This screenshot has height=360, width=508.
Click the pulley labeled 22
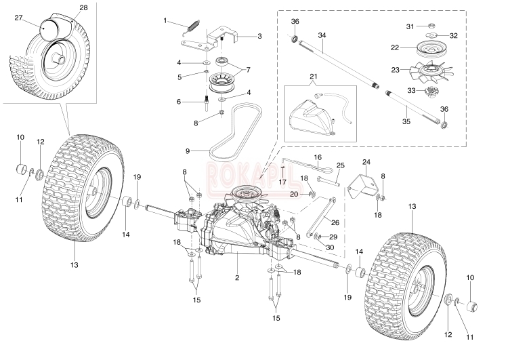429,47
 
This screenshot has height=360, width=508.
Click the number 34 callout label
322,35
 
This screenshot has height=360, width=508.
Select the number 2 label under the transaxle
237,277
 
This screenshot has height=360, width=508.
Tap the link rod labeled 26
322,217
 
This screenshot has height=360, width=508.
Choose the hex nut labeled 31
431,26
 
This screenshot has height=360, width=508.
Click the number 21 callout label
314,77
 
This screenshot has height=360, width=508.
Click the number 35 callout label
406,121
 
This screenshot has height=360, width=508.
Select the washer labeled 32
431,35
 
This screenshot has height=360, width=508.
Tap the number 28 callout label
83,7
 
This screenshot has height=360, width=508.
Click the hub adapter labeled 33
430,92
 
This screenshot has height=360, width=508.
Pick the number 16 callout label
318,157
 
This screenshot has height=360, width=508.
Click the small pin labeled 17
282,169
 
